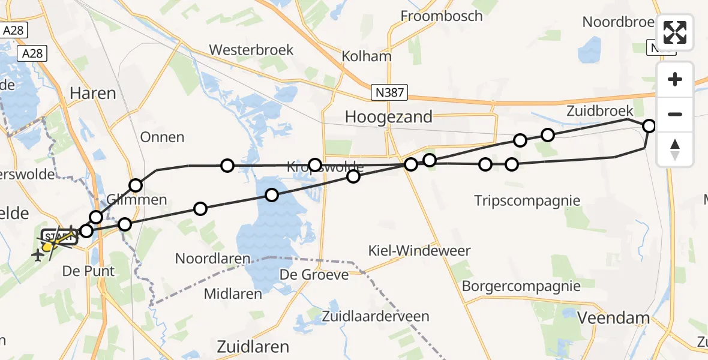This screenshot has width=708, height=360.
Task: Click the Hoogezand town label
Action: [x=389, y=117]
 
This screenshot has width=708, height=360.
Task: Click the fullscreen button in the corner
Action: [x=675, y=32]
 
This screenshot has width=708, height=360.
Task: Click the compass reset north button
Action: [x=675, y=149]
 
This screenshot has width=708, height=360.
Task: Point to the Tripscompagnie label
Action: [x=527, y=200]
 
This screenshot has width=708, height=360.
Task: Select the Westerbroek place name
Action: [x=251, y=50]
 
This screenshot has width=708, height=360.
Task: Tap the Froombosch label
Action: [x=442, y=16]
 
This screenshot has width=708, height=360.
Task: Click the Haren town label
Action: [x=93, y=93]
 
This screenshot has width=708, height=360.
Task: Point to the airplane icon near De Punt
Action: [x=38, y=256]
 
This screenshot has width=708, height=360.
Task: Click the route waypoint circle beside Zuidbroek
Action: [x=649, y=126]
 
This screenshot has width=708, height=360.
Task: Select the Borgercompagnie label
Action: [x=521, y=286]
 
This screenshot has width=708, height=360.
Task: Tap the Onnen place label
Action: [x=162, y=137]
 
